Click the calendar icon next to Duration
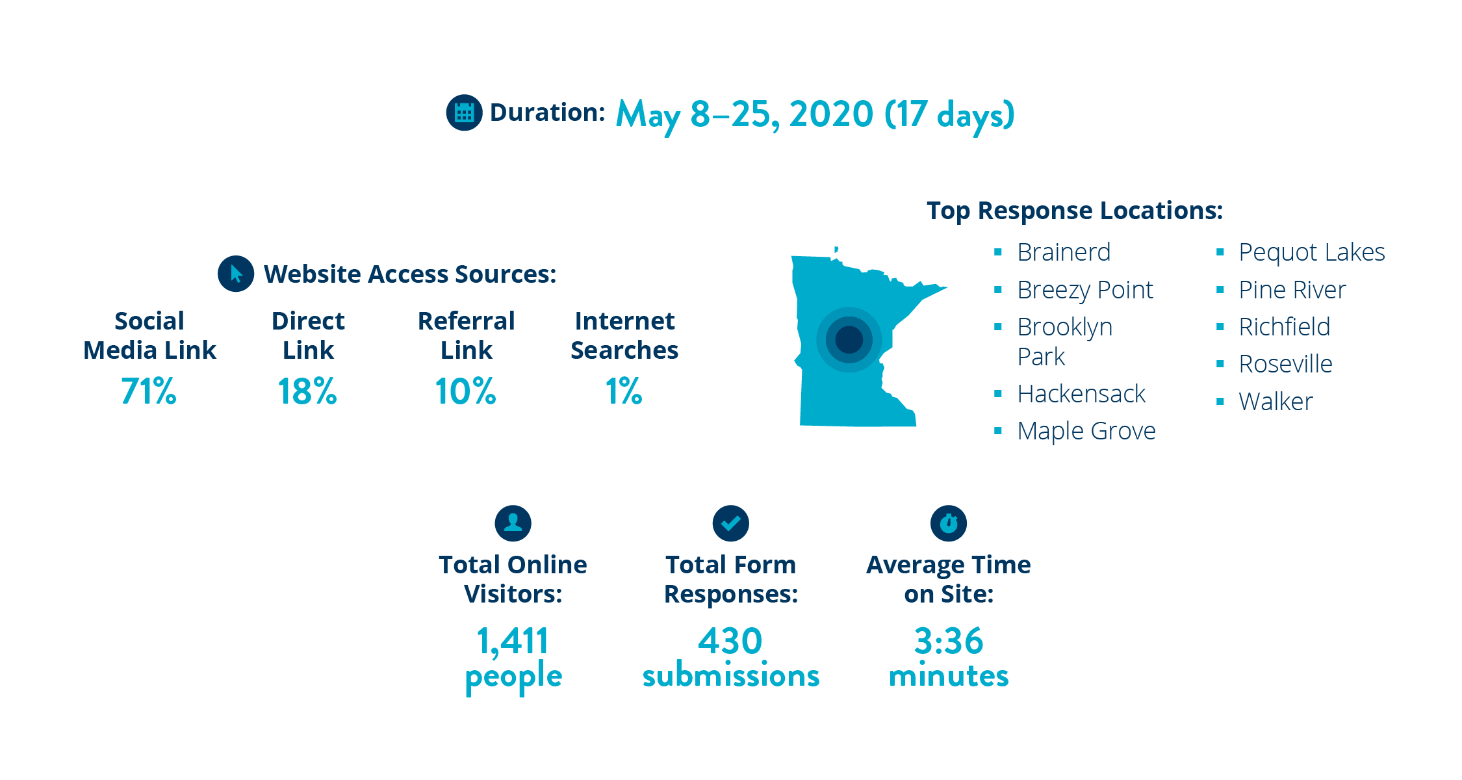pos(464,112)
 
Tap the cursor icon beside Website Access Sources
pos(236,274)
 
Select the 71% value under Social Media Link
pos(149,391)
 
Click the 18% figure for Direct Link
pos(307,391)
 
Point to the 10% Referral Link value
pos(466,391)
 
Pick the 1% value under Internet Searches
pos(624,391)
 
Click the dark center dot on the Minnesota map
pos(849,339)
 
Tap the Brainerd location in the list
pos(1064,252)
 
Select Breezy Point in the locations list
pos(1085,290)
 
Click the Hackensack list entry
pos(1081,394)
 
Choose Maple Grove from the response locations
pos(1086,431)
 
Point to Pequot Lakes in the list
pos(1312,252)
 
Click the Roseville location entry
pos(1286,364)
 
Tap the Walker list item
pos(1276,402)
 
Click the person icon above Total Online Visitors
pos(513,523)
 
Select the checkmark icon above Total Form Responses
pos(731,523)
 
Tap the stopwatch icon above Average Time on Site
pos(949,523)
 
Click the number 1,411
pos(513,642)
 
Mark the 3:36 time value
pos(949,641)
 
